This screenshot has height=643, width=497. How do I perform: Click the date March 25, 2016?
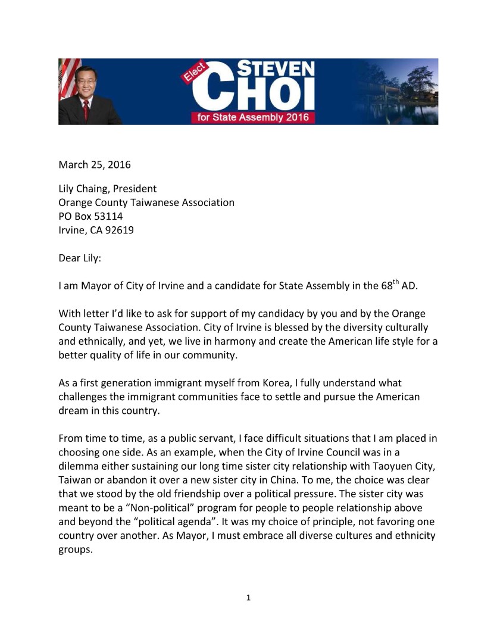click(x=94, y=164)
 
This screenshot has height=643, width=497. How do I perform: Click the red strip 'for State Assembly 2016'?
click(x=253, y=117)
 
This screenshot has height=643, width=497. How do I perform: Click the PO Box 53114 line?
click(x=90, y=216)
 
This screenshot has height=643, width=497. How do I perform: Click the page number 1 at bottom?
click(x=248, y=597)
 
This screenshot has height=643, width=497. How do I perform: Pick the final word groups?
click(x=74, y=549)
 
